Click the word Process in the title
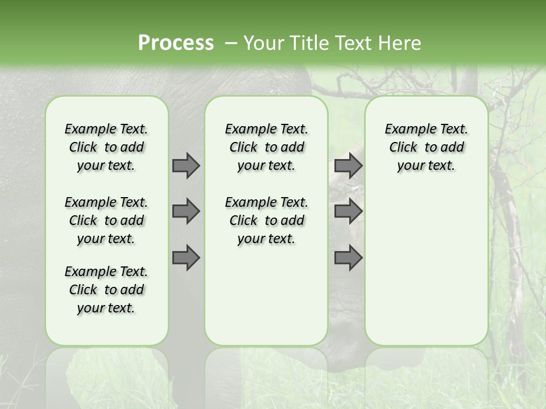tap(176, 43)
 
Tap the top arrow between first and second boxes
tap(186, 165)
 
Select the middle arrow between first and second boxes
tap(186, 211)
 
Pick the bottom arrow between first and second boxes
tap(186, 258)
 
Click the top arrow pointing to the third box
tap(348, 165)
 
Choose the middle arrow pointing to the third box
tap(348, 211)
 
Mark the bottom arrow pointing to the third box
tap(348, 258)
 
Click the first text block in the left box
tap(106, 147)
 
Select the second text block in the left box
tap(106, 220)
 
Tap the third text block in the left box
tap(106, 290)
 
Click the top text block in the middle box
tap(266, 147)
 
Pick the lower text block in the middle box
tap(266, 220)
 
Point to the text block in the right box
tap(426, 147)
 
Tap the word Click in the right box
tap(403, 148)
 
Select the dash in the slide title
tap(231, 43)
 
